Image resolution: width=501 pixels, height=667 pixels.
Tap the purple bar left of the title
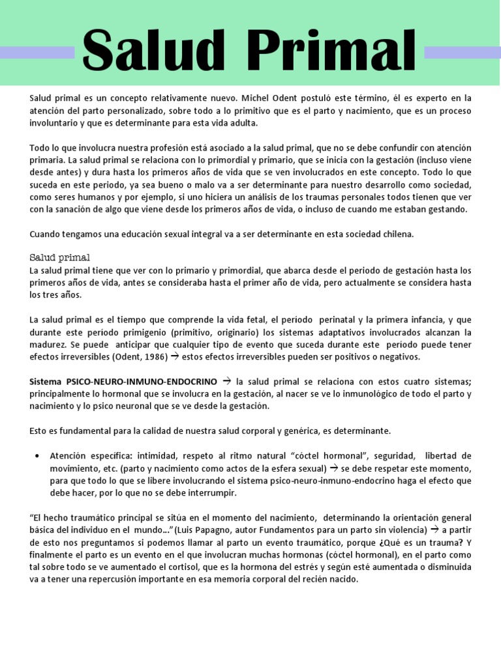[x=37, y=53]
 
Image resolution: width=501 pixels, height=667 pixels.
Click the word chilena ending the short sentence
[x=395, y=234]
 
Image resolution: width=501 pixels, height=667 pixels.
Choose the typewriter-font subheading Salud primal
[x=60, y=257]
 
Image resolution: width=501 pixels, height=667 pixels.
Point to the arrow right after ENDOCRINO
[x=227, y=382]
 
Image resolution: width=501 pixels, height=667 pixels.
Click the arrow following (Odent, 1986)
[x=174, y=357]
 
